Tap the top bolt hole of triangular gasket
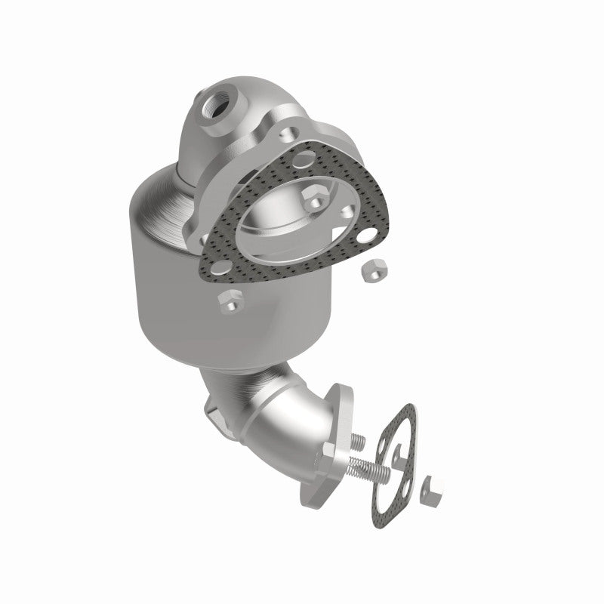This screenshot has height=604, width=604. click(x=306, y=159)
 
